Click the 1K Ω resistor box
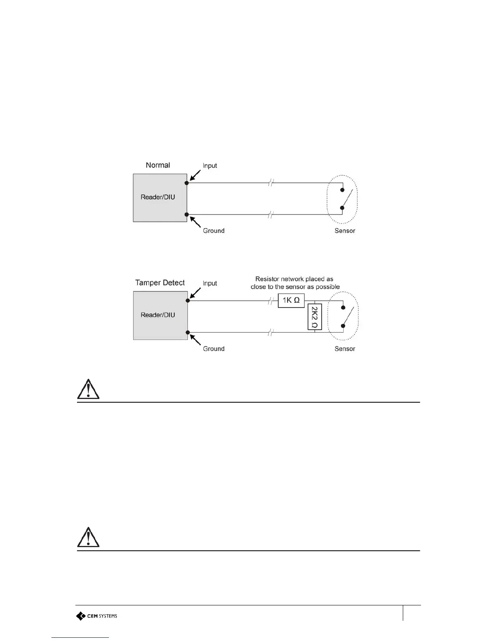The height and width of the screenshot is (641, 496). tap(291, 300)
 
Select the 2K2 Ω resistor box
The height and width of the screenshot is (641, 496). tap(314, 317)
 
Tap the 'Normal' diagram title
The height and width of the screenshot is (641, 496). tap(158, 165)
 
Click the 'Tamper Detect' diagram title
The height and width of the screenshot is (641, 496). tap(160, 282)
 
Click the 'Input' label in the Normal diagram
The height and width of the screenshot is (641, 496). tap(210, 166)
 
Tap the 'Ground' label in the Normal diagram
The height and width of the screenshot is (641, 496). tap(214, 231)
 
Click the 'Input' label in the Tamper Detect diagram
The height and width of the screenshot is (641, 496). tap(210, 283)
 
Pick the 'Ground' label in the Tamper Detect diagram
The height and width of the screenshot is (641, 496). tap(214, 349)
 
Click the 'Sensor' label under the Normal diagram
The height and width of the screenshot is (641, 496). tap(345, 231)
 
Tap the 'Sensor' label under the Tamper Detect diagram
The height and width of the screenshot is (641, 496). tap(345, 349)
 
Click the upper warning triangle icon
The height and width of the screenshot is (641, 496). tap(88, 389)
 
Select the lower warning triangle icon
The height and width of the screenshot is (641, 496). tap(88, 537)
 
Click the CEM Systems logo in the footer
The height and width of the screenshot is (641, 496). tap(97, 616)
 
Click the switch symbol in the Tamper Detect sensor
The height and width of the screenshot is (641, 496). tap(347, 316)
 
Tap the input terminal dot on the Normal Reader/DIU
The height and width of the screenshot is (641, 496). tap(186, 183)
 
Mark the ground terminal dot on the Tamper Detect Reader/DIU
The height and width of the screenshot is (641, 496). tap(188, 333)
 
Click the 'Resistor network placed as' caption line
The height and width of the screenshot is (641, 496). tap(294, 279)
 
